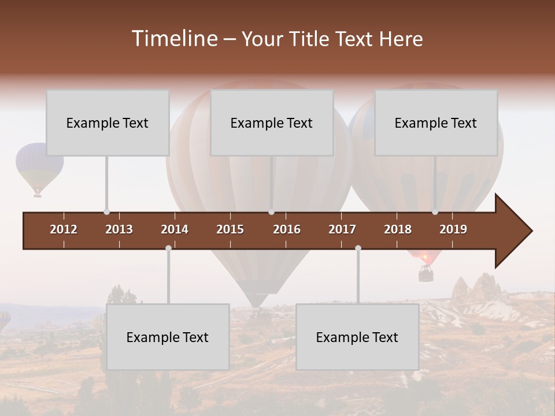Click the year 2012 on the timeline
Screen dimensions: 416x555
64,229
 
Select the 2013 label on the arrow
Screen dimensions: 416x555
119,229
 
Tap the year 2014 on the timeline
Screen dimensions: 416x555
175,229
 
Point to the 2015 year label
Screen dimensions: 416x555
230,229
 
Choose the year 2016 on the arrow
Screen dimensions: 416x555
287,229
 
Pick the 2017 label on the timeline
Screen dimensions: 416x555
342,229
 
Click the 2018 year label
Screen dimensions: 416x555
398,229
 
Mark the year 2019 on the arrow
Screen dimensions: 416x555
453,229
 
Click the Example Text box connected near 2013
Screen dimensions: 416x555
108,122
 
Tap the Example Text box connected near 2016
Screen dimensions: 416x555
272,122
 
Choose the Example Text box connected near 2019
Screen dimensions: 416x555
436,122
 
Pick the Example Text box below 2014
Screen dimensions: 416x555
168,337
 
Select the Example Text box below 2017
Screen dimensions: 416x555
357,337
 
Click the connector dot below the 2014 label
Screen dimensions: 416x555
168,248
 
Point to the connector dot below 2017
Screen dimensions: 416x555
358,248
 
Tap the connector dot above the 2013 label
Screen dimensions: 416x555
106,212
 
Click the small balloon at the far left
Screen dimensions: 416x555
39,168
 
